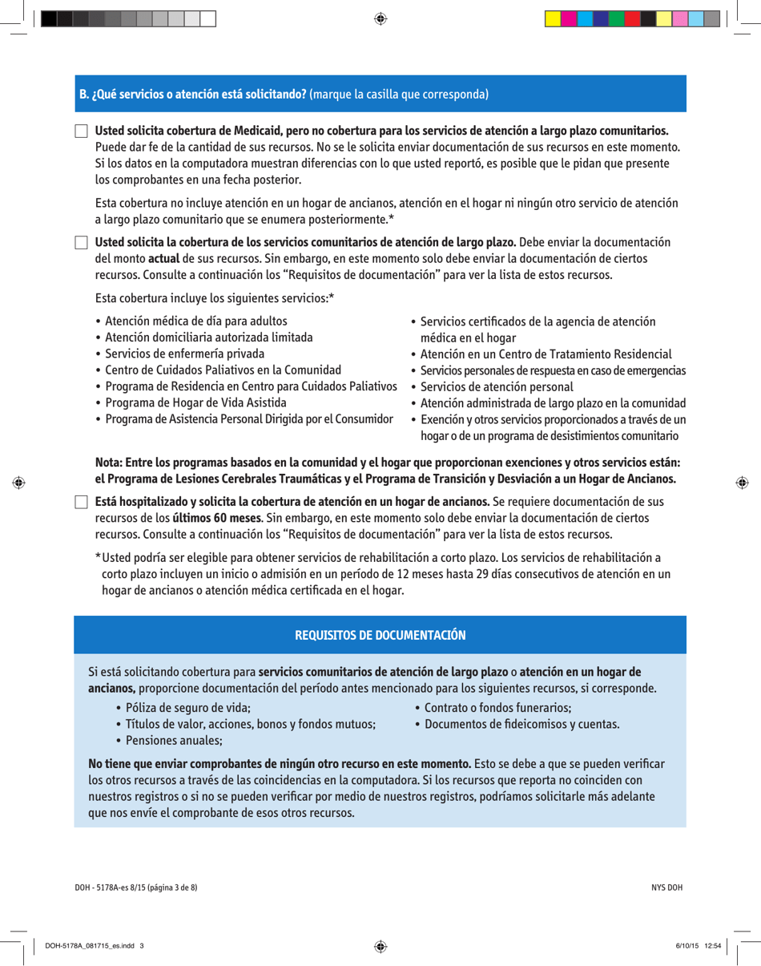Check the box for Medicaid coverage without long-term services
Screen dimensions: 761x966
click(81, 131)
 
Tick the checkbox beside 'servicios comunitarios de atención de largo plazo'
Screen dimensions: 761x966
click(81, 243)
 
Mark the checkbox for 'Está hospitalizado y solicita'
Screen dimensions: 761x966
click(81, 503)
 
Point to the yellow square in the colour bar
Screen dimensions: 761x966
click(552, 18)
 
